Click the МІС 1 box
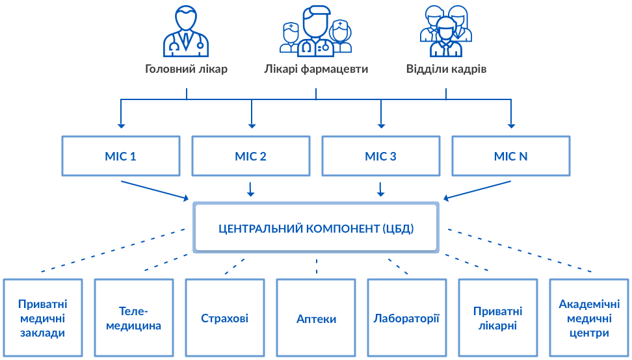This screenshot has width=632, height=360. pyautogui.click(x=120, y=156)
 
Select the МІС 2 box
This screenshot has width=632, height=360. pyautogui.click(x=250, y=156)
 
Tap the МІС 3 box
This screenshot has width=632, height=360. pyautogui.click(x=380, y=156)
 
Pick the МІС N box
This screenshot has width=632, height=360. pyautogui.click(x=510, y=156)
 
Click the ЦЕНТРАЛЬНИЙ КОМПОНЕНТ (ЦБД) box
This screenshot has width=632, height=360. pyautogui.click(x=316, y=228)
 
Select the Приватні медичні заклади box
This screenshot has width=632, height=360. pyautogui.click(x=43, y=318)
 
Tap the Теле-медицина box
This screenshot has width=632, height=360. pyautogui.click(x=134, y=318)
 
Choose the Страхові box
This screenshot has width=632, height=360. pyautogui.click(x=225, y=318)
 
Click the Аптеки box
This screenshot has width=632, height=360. pyautogui.click(x=316, y=318)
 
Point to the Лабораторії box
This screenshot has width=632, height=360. pyautogui.click(x=407, y=318)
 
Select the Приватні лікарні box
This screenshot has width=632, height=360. pyautogui.click(x=498, y=318)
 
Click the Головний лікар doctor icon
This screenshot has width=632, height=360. pyautogui.click(x=186, y=31)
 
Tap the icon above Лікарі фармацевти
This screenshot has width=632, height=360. pyautogui.click(x=316, y=31)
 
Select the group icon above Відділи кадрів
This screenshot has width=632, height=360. pyautogui.click(x=445, y=31)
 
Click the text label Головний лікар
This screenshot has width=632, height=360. pyautogui.click(x=186, y=69)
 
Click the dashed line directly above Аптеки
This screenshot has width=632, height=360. pyautogui.click(x=316, y=266)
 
